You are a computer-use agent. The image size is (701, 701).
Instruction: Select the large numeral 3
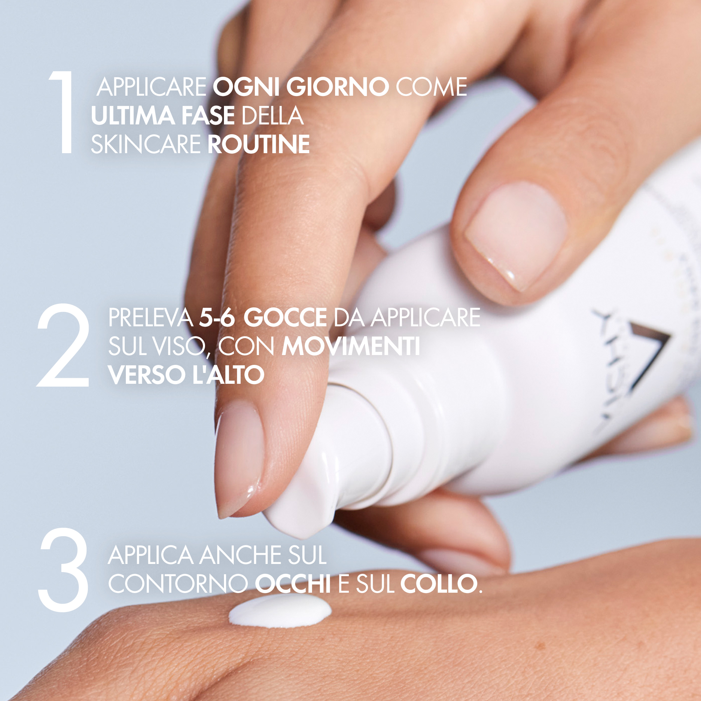pos(64,569)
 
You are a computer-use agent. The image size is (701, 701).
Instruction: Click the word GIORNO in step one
pos(338,87)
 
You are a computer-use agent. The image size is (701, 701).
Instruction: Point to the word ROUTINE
pos(258,144)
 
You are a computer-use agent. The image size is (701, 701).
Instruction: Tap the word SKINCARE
pos(145,144)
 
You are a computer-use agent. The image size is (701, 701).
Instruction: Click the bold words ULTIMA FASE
pos(163,116)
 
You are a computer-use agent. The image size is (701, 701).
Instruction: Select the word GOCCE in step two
pos(285,318)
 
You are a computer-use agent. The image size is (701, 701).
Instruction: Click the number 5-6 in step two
pos(216,318)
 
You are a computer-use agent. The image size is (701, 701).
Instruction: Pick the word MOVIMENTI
pos(351,347)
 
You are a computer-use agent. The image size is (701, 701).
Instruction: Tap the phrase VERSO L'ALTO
pos(186,375)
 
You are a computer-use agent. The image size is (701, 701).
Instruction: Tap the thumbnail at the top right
pos(515,232)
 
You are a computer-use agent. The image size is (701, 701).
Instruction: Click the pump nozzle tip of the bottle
pos(290,523)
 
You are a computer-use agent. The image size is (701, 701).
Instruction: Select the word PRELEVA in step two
pos(150,318)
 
